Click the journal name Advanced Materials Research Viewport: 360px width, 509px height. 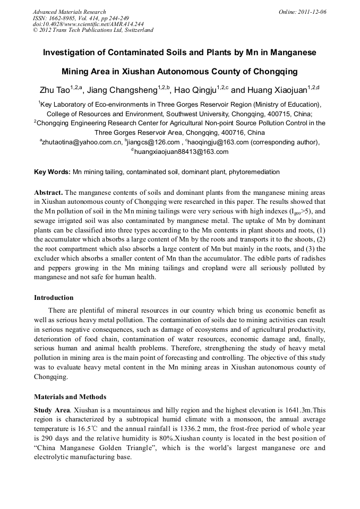click(69, 12)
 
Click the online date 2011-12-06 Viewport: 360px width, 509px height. click(310, 12)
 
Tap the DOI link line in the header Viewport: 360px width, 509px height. click(81, 24)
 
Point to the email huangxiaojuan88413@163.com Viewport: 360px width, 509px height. click(181, 152)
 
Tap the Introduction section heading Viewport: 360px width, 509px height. click(54, 298)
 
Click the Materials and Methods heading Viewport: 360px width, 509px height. click(70, 396)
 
